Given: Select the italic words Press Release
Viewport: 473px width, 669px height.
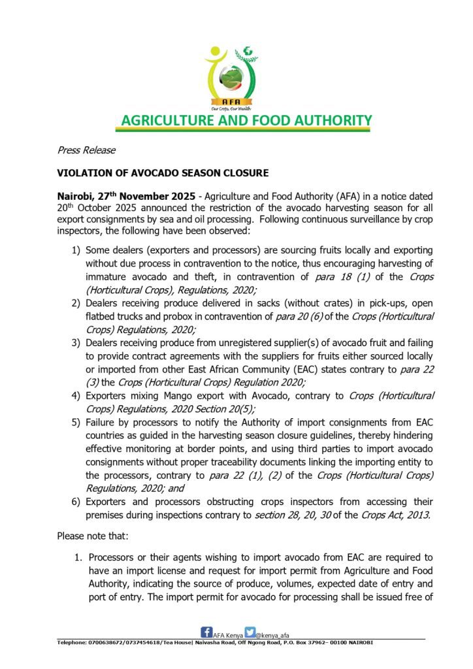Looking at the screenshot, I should point(86,150).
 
